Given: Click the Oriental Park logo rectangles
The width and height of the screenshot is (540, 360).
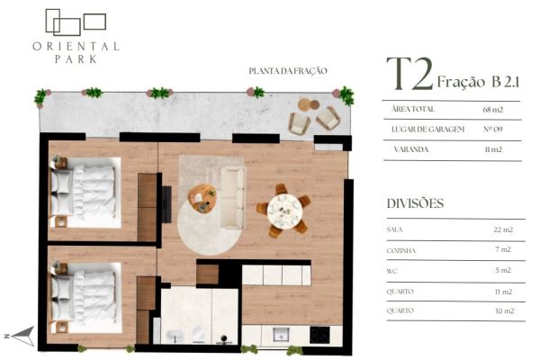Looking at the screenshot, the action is pyautogui.click(x=76, y=22).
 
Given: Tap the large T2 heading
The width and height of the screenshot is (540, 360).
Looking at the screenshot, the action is pyautogui.click(x=409, y=74).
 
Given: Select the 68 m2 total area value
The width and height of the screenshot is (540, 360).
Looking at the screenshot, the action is pyautogui.click(x=493, y=110).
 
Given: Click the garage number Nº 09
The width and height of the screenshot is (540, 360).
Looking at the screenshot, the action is pyautogui.click(x=493, y=130).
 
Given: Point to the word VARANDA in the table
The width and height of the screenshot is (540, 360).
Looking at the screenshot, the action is pyautogui.click(x=411, y=149).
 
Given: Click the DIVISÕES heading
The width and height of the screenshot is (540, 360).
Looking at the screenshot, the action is pyautogui.click(x=415, y=203).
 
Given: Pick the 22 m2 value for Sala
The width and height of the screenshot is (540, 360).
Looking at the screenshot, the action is pyautogui.click(x=503, y=229).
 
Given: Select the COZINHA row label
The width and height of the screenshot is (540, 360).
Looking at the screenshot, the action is pyautogui.click(x=400, y=251).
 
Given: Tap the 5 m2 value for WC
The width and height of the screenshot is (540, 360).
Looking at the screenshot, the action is pyautogui.click(x=503, y=270).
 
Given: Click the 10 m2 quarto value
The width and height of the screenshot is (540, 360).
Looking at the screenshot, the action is pyautogui.click(x=505, y=310).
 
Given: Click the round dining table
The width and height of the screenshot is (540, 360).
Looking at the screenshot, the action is pyautogui.click(x=284, y=211).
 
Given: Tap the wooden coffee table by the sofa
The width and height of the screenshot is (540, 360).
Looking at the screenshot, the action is pyautogui.click(x=202, y=198).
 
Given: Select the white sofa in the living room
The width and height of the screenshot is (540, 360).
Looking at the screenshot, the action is pyautogui.click(x=232, y=198).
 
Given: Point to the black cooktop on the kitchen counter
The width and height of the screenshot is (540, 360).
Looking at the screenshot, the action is pyautogui.click(x=319, y=335).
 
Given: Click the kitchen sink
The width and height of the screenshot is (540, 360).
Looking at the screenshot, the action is pyautogui.click(x=280, y=334).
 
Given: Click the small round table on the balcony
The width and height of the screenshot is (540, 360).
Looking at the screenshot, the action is pyautogui.click(x=305, y=104).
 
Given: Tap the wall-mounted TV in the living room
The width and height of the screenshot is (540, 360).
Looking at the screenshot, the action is pyautogui.click(x=166, y=204).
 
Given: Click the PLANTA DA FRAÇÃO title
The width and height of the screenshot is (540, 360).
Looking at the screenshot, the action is pyautogui.click(x=288, y=71).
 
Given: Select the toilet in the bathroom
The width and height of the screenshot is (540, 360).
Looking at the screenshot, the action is pyautogui.click(x=199, y=334).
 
